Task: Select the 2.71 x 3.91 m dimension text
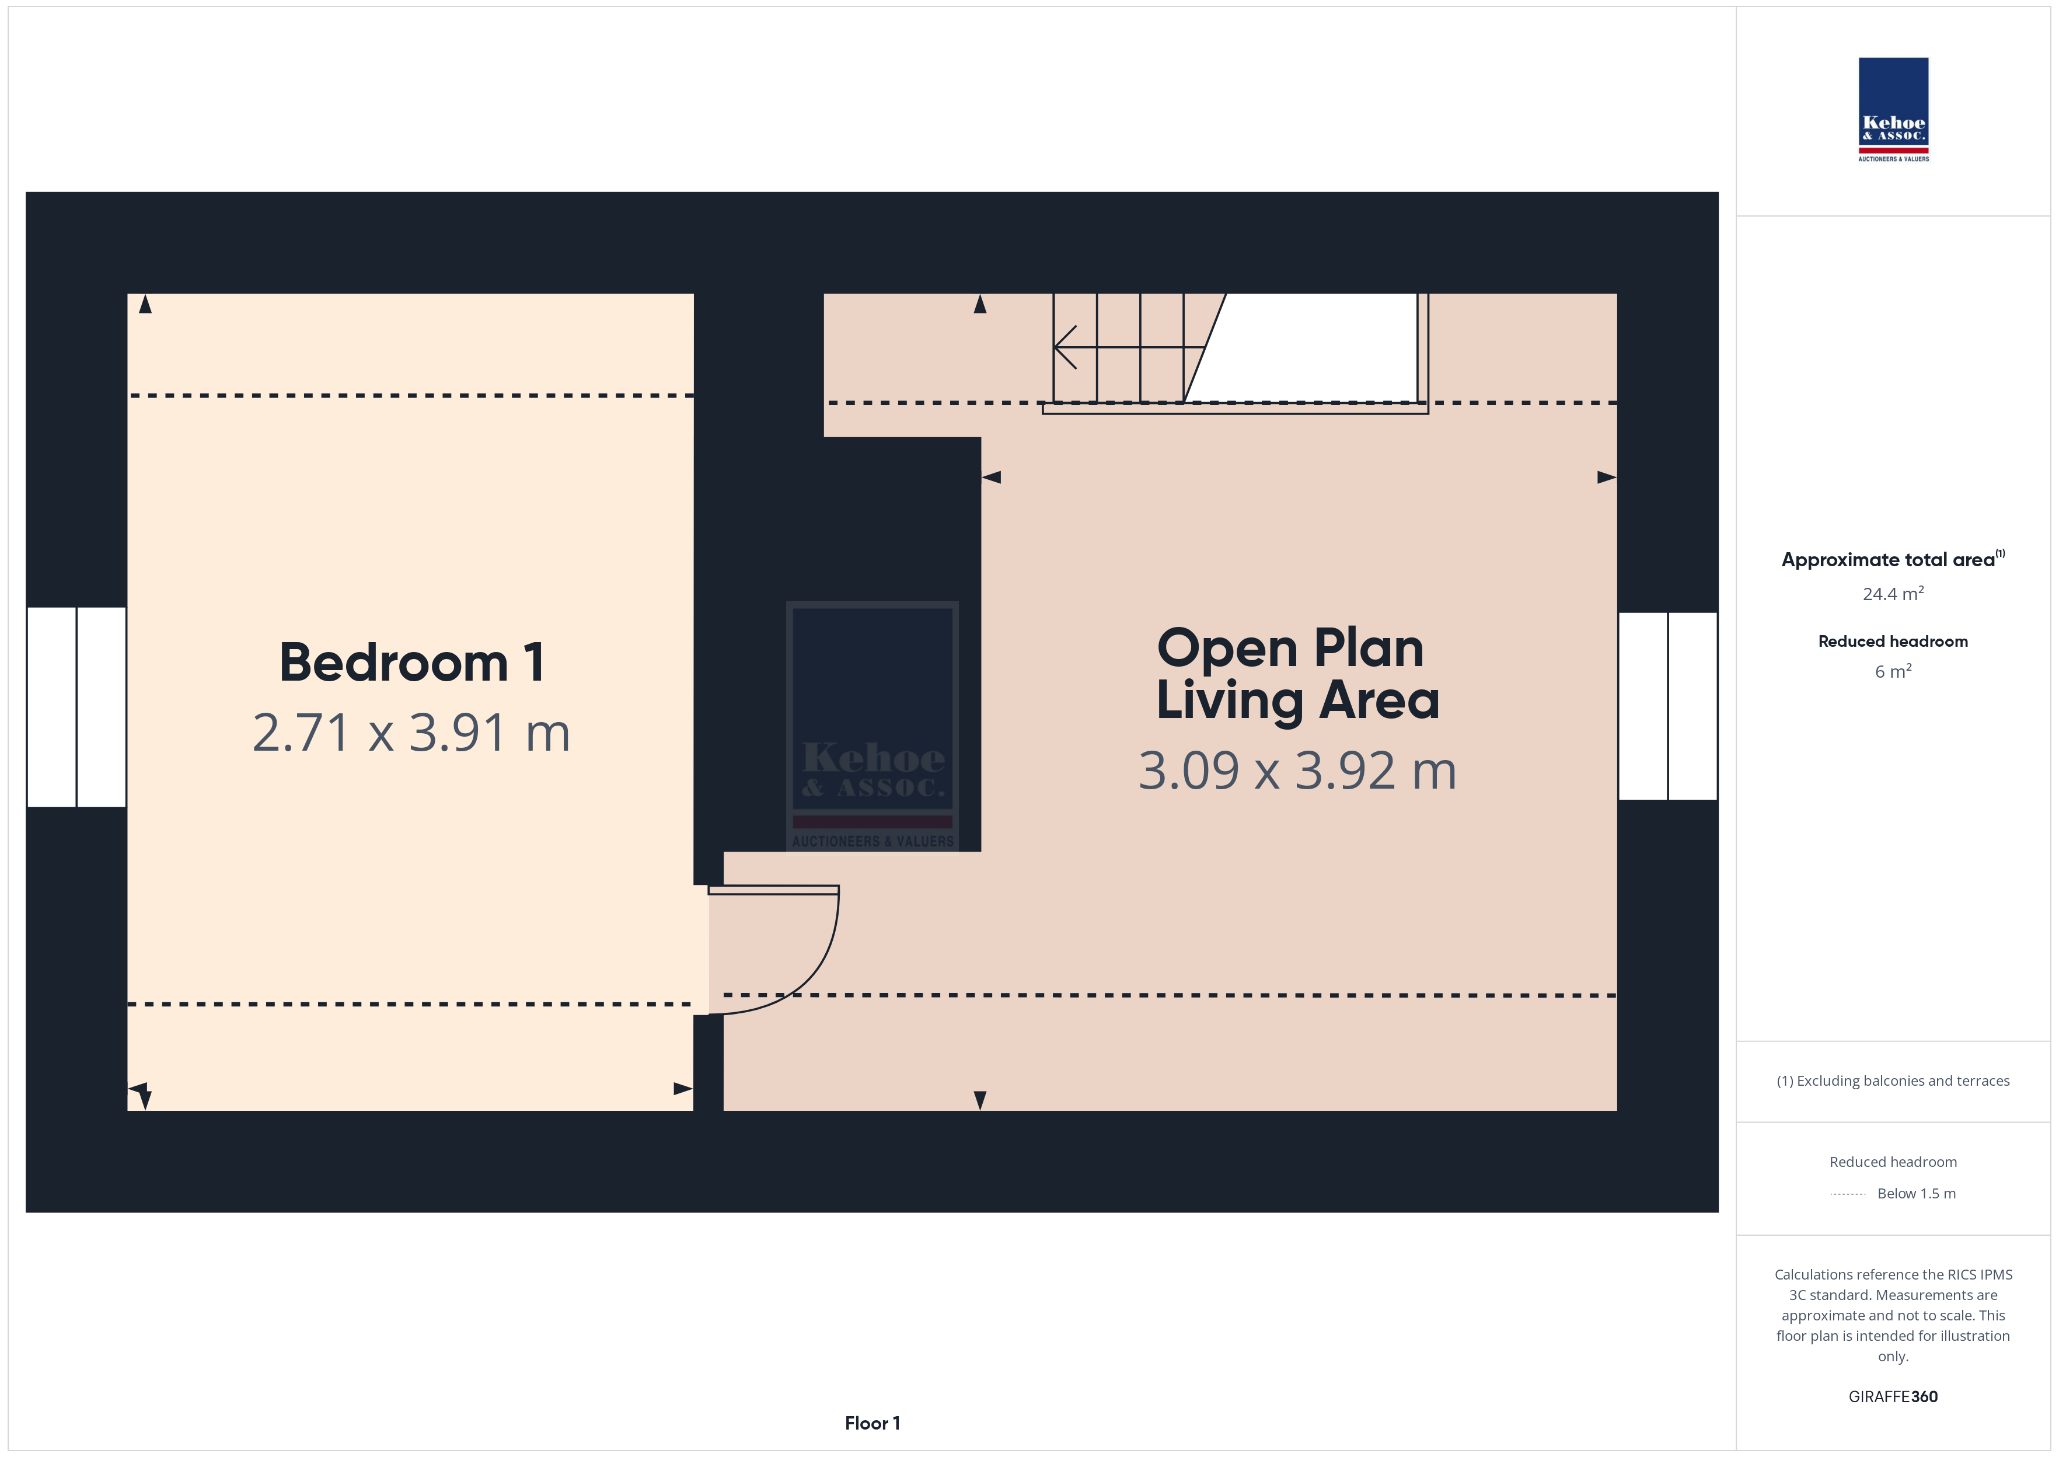click(x=411, y=733)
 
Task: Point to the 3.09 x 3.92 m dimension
click(x=1297, y=771)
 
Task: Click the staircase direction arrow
click(x=1130, y=347)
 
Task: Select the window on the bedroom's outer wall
click(x=76, y=707)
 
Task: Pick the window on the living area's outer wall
click(x=1668, y=706)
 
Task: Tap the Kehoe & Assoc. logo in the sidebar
click(x=1893, y=110)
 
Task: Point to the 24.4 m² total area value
click(x=1893, y=594)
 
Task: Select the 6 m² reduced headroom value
click(x=1893, y=671)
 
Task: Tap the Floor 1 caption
click(x=873, y=1423)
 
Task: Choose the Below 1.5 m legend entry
click(x=1893, y=1193)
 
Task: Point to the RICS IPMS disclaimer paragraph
click(x=1893, y=1315)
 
